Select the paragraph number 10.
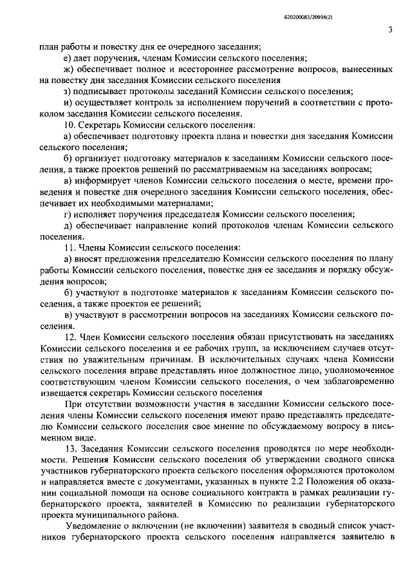[70, 124]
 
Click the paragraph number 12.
[70, 336]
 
